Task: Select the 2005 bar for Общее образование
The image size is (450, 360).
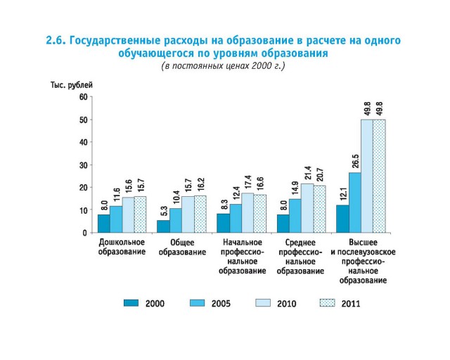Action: [x=175, y=221]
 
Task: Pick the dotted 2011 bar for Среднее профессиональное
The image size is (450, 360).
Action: [x=319, y=209]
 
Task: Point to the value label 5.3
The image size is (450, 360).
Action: [x=163, y=211]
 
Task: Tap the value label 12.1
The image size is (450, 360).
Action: [x=343, y=195]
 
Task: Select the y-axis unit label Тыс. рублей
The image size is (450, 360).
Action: [x=71, y=84]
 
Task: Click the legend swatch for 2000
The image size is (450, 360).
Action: [x=131, y=303]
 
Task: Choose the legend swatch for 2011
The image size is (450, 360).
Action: [x=328, y=303]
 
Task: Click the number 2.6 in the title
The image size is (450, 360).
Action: [x=56, y=41]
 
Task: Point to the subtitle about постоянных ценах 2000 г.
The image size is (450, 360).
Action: [x=224, y=66]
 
